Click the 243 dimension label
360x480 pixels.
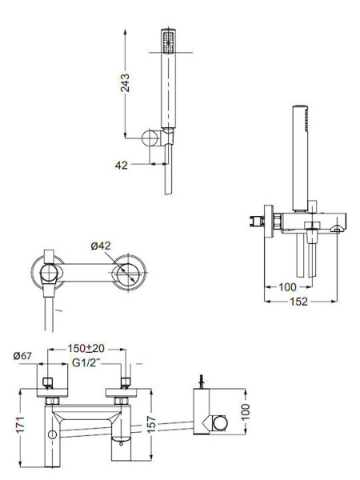(125, 82)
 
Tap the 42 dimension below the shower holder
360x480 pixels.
(122, 166)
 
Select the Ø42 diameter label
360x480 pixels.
(101, 246)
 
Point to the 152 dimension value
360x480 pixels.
(298, 302)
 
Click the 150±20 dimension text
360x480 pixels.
(86, 348)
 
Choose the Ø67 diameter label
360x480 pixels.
(22, 356)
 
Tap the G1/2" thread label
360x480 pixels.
(86, 363)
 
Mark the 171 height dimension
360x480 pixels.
(20, 424)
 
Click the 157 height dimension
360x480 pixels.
(151, 424)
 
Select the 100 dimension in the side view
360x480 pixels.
(287, 287)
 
